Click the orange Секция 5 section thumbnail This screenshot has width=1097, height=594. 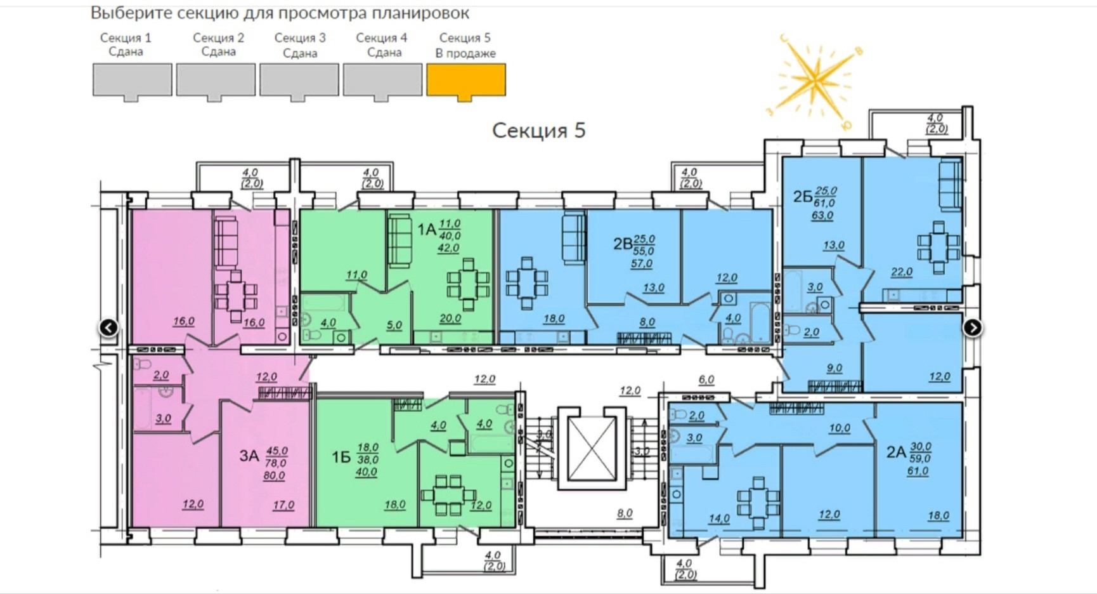[465, 80]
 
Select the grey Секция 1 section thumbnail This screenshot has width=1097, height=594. [132, 80]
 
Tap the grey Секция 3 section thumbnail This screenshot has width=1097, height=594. [299, 80]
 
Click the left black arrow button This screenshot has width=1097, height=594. [109, 327]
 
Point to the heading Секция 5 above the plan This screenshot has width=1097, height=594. [538, 130]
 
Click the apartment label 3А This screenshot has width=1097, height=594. [249, 456]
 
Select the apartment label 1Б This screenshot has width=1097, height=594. [341, 457]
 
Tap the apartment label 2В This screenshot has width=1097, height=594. [622, 244]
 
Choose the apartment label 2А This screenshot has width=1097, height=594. [895, 452]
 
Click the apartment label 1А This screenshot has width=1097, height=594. [426, 229]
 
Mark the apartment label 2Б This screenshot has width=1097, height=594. [802, 196]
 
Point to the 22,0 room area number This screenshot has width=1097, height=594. [901, 272]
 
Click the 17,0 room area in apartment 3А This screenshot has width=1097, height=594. [283, 505]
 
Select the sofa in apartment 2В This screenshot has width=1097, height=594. [573, 237]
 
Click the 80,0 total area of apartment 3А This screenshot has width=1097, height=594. [274, 475]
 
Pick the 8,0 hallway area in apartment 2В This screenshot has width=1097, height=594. [647, 322]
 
